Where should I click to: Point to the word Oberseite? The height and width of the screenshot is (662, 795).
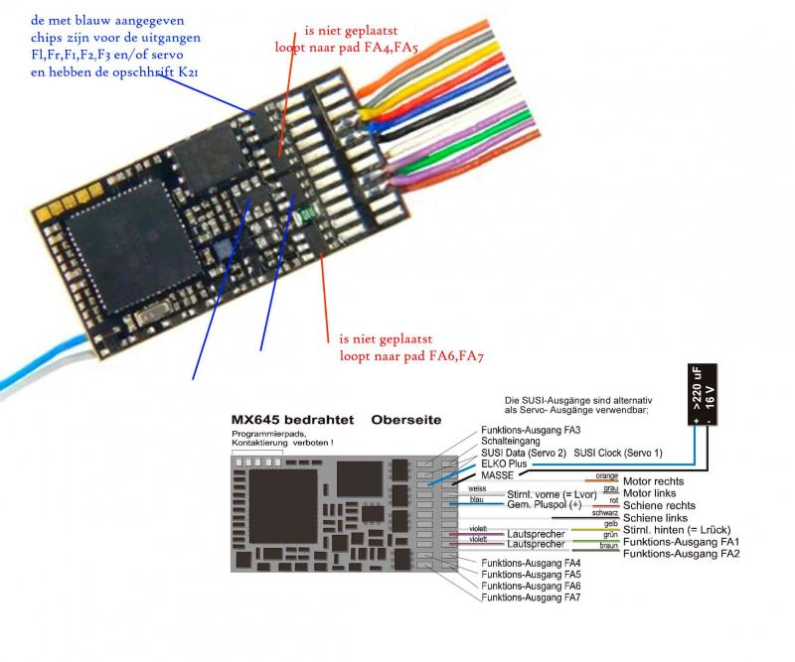pyautogui.click(x=406, y=420)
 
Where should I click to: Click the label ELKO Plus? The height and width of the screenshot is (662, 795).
pyautogui.click(x=506, y=463)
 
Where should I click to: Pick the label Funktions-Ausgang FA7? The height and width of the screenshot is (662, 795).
pyautogui.click(x=531, y=597)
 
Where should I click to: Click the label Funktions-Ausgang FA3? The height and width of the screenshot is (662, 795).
pyautogui.click(x=531, y=429)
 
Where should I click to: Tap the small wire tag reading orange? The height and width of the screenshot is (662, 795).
pyautogui.click(x=606, y=476)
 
